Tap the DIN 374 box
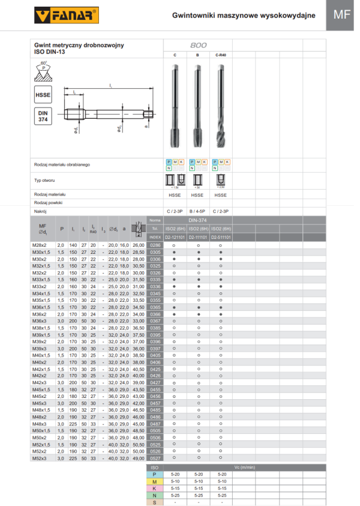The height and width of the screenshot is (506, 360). pyautogui.click(x=43, y=116)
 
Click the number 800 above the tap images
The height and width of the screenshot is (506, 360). pyautogui.click(x=198, y=46)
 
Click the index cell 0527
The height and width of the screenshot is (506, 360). pyautogui.click(x=155, y=458)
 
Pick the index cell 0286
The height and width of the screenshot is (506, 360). pyautogui.click(x=155, y=245)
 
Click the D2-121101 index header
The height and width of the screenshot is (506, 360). pyautogui.click(x=175, y=238)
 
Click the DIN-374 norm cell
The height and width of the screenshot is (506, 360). pyautogui.click(x=197, y=221)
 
